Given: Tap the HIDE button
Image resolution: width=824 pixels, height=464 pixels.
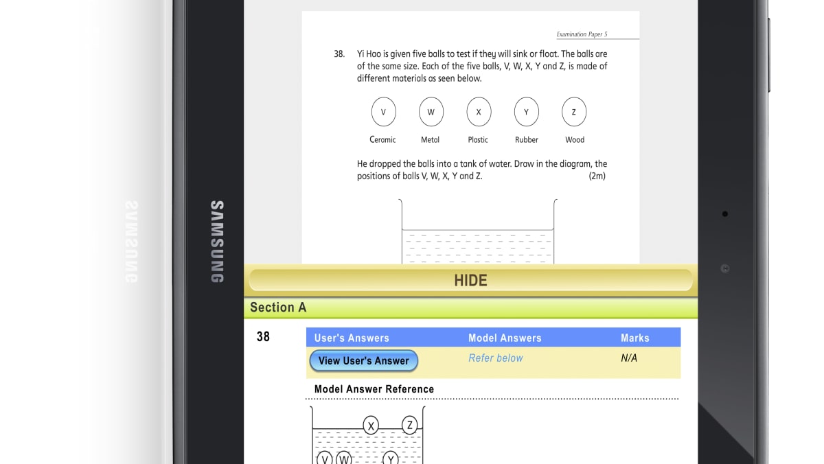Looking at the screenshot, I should (470, 280).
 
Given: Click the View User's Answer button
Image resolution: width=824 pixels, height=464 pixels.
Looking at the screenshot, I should (363, 360).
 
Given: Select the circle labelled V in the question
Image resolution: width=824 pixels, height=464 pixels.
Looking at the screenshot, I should (383, 112).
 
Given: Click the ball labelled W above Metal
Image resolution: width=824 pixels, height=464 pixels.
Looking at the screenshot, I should (431, 112).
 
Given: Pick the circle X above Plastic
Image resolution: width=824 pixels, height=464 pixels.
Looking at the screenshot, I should (479, 112).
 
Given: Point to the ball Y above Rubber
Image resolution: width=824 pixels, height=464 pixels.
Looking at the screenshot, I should (526, 112).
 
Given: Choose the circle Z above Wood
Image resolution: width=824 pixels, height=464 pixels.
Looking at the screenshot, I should (574, 112).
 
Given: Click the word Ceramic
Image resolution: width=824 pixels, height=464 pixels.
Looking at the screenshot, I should (382, 139).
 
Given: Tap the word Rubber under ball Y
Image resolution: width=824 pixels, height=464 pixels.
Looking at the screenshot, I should (526, 139).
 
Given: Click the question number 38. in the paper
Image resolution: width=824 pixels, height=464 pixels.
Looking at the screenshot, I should (339, 54).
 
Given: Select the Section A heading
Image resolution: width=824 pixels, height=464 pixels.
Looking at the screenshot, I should (278, 308).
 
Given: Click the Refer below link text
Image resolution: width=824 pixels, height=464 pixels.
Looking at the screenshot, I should (495, 358).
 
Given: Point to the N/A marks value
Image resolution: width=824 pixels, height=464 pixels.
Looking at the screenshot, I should (628, 358).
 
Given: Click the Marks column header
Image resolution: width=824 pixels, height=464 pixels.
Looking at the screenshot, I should (634, 338).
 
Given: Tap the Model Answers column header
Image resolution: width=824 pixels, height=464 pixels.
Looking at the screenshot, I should (505, 338).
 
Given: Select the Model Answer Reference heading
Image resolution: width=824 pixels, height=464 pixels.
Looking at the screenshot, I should (374, 389).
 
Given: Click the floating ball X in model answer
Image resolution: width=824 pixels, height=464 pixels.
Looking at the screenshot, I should (371, 426).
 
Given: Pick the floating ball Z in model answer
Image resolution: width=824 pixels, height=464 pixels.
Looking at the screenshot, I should (410, 426).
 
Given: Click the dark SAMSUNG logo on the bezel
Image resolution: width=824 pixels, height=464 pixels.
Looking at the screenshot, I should (216, 242).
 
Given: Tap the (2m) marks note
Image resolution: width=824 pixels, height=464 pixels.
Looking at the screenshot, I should (597, 176).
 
